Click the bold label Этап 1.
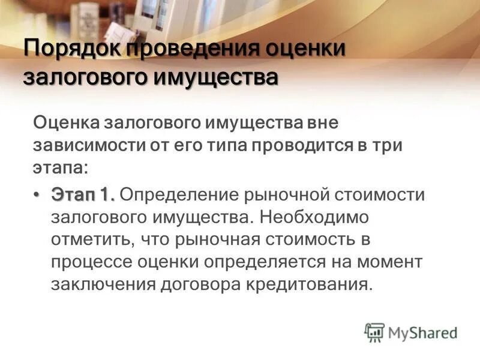pyautogui.click(x=83, y=195)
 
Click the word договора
pyautogui.click(x=200, y=284)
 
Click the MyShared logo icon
pyautogui.click(x=374, y=332)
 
